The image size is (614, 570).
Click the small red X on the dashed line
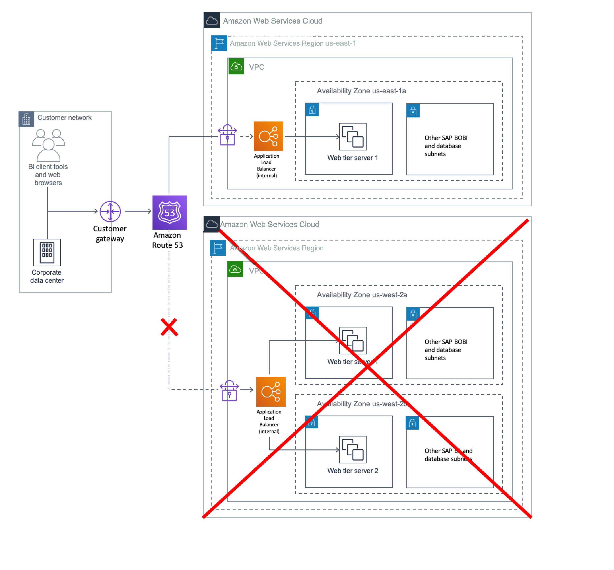click(169, 327)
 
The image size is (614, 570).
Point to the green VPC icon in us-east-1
click(236, 66)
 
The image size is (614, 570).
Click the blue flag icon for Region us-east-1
click(219, 43)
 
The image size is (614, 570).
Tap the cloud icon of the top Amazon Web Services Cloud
click(212, 20)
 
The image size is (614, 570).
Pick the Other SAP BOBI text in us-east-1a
click(446, 146)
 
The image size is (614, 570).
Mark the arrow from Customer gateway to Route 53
click(138, 211)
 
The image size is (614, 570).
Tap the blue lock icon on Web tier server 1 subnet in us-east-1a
click(312, 110)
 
